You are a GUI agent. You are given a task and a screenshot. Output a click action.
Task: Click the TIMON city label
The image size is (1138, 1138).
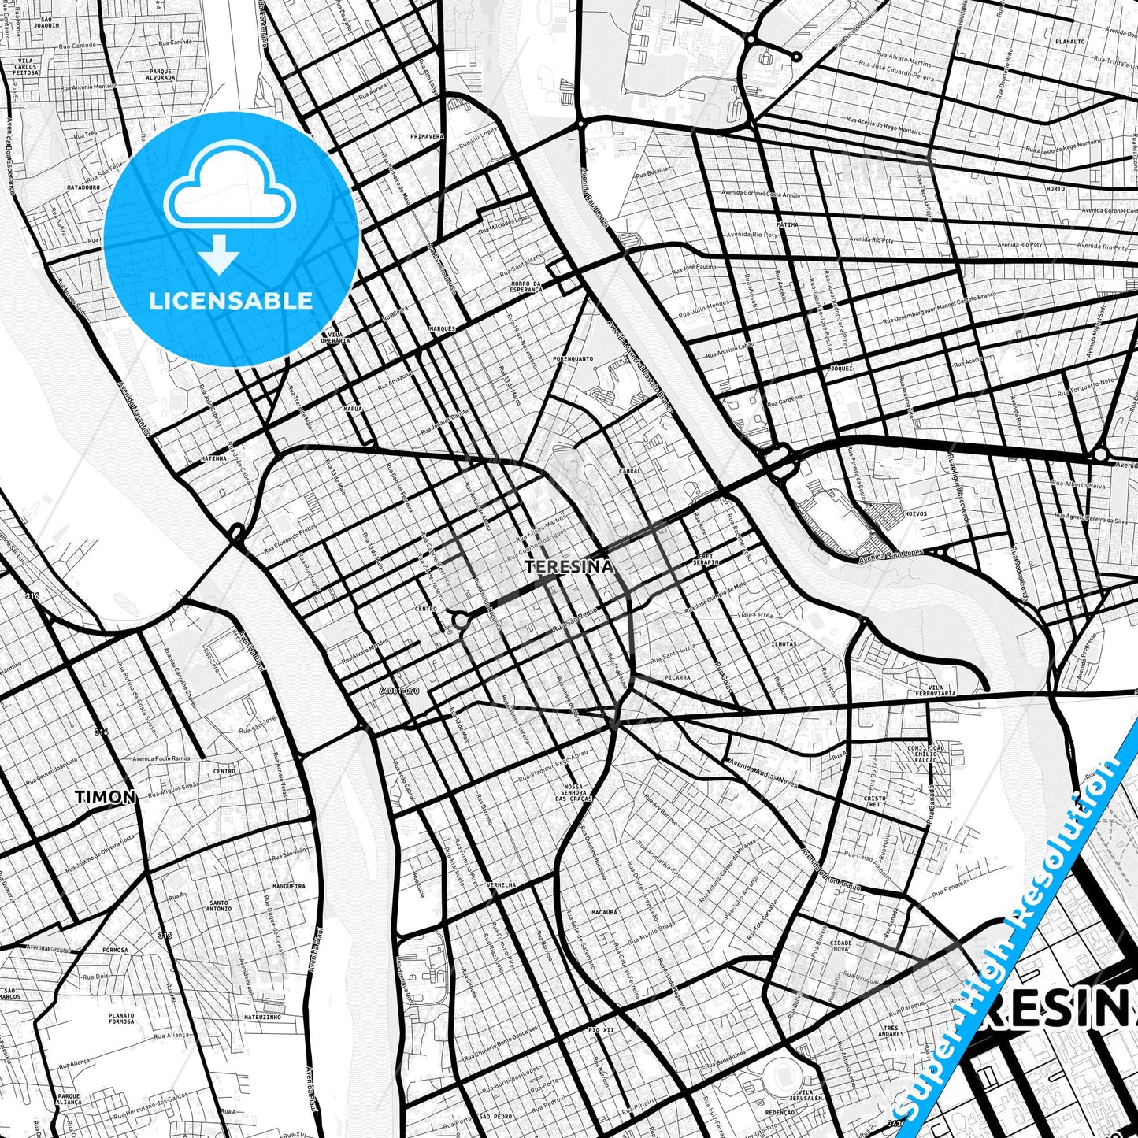[x=106, y=797]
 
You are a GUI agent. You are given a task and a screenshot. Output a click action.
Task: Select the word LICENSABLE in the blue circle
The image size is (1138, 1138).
[x=231, y=301]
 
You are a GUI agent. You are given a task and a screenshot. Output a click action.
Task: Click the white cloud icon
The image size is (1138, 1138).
[x=229, y=190]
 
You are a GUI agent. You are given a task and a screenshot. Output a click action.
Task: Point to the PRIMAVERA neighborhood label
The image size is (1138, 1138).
[x=427, y=136]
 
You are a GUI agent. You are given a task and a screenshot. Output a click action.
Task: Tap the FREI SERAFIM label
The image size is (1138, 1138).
[x=706, y=559]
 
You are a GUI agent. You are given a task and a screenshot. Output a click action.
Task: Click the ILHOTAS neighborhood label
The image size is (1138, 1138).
[x=784, y=644]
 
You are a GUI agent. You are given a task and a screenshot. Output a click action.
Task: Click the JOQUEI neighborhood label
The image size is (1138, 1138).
[x=841, y=368]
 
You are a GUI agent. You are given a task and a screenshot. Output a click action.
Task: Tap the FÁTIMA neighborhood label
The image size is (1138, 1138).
[x=787, y=224]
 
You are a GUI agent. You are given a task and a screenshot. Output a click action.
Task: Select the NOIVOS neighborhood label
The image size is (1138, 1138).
[x=916, y=513]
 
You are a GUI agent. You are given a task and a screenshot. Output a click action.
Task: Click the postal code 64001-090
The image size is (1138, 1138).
[x=399, y=691]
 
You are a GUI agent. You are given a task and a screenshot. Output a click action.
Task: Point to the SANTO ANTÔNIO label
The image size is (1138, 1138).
[x=219, y=906]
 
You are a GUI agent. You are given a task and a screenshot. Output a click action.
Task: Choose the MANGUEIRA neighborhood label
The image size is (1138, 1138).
[x=289, y=886]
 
